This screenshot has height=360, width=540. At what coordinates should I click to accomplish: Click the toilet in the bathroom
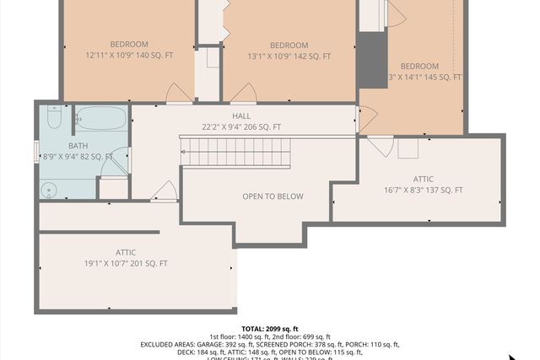54,119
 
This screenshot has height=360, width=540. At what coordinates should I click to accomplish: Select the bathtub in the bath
100,120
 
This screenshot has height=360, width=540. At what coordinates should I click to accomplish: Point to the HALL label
241,116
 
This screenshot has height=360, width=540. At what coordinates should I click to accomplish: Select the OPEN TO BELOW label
273,196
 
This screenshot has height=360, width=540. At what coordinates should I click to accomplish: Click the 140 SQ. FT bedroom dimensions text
128,56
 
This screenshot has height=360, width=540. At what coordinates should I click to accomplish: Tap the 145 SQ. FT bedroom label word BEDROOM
419,66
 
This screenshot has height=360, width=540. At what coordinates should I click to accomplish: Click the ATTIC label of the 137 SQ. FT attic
424,179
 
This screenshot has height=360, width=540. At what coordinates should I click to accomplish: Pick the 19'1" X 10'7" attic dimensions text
126,263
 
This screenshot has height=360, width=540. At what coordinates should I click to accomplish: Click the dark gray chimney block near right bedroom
372,60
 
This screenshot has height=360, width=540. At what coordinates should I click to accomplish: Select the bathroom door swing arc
115,164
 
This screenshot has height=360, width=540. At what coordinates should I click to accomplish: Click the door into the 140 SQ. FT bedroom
179,94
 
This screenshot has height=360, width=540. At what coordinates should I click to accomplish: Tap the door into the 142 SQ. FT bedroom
243,94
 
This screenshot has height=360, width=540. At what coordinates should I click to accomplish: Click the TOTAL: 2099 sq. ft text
270,328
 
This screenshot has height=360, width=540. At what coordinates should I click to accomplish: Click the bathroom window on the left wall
36,152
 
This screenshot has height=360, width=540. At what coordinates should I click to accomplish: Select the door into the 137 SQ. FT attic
379,146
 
